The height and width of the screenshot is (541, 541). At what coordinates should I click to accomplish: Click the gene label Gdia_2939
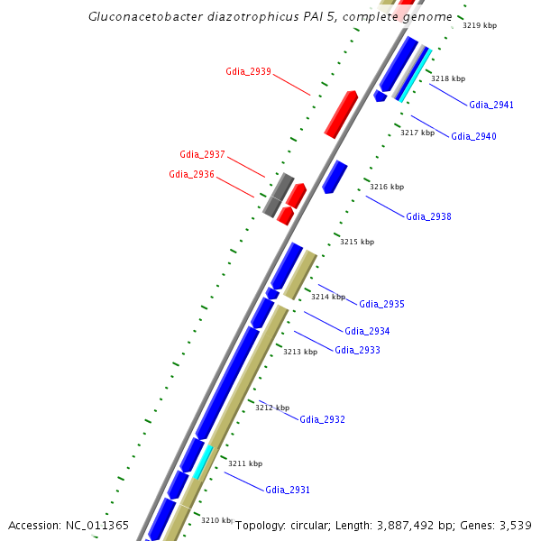tap(248, 71)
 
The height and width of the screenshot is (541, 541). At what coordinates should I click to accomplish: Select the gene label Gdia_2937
tap(202, 154)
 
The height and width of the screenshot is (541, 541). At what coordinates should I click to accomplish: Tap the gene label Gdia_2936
tap(191, 174)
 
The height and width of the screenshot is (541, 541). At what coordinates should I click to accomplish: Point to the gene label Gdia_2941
tap(491, 105)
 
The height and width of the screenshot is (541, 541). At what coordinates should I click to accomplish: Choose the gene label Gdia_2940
tap(473, 136)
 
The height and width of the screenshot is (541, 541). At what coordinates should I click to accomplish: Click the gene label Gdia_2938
tap(428, 216)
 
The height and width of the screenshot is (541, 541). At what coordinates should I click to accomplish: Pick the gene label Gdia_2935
tap(381, 304)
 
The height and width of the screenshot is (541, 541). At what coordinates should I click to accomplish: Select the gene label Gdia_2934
tap(367, 331)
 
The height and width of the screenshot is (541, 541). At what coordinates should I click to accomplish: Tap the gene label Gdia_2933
tap(357, 350)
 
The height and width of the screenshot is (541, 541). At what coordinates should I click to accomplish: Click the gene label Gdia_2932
tap(322, 419)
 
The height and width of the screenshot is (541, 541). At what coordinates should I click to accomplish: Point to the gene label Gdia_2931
tap(288, 490)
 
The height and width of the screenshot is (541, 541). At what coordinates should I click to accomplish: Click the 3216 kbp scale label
tap(386, 187)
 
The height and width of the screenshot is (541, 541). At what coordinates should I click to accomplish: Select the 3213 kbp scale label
tap(300, 352)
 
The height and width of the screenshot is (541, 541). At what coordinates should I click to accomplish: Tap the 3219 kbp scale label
tap(479, 25)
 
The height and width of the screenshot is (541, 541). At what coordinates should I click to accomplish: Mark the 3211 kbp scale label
tap(244, 463)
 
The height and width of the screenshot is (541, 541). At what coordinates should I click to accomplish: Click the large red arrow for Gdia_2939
tap(341, 114)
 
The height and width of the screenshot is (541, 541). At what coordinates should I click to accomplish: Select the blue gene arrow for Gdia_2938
tap(335, 177)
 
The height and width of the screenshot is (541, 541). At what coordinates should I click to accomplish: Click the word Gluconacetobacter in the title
tap(140, 16)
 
